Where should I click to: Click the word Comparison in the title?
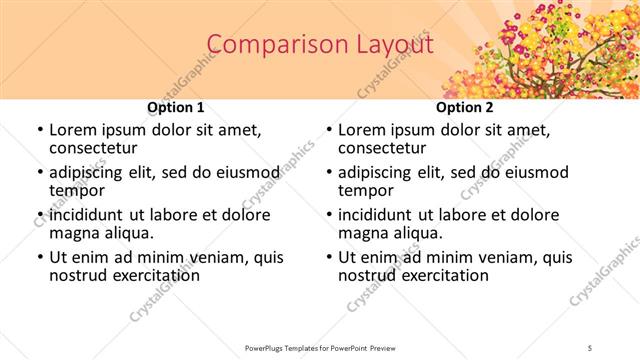point(266,45)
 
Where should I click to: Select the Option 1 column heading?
point(176,107)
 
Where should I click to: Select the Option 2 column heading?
point(464,107)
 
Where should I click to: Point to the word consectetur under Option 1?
point(94,148)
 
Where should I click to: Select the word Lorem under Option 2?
point(362,130)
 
